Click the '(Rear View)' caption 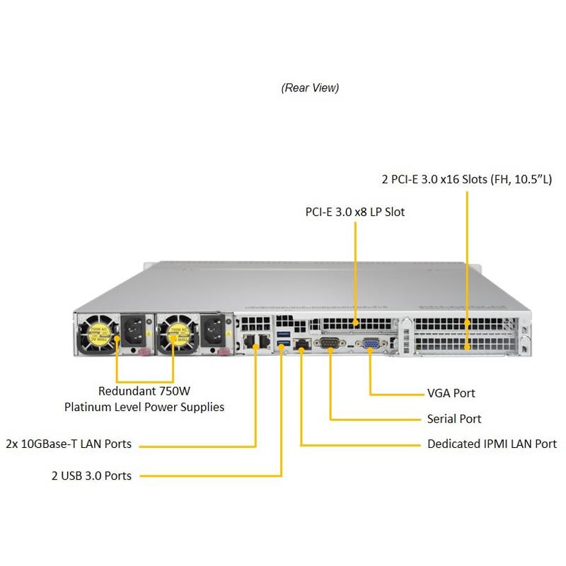(x=310, y=88)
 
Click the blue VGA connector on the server (x=370, y=344)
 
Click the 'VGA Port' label (x=451, y=393)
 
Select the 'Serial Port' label (x=454, y=419)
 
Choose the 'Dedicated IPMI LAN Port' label (x=492, y=444)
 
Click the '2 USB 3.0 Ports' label (x=91, y=475)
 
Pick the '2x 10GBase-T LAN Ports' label (x=68, y=444)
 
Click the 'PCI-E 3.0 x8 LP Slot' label (x=354, y=212)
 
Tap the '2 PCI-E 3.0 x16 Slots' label (x=466, y=179)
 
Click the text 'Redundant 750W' (x=144, y=391)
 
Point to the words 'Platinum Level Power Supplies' (x=144, y=407)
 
